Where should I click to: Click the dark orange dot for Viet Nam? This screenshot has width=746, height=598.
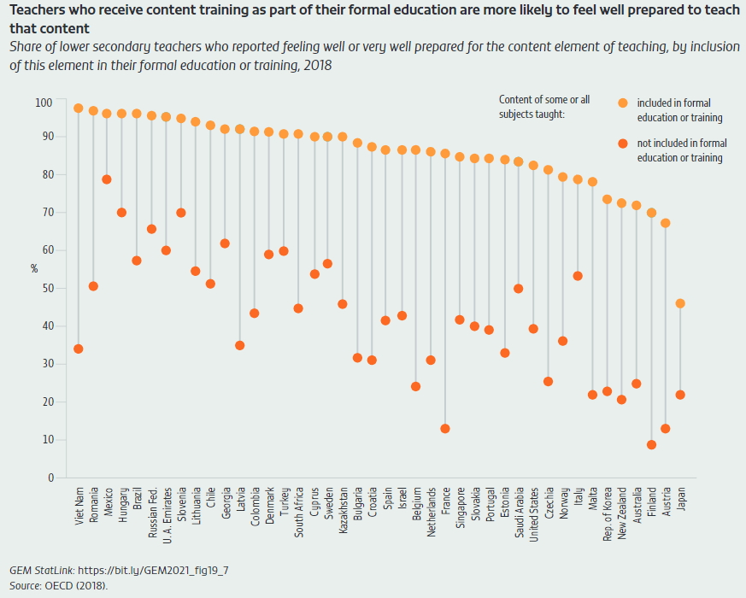pos(79,349)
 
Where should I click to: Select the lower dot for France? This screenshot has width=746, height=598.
pos(445,429)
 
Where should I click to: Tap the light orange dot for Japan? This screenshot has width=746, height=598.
pos(680,303)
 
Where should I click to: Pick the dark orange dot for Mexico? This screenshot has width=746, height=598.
pos(107,179)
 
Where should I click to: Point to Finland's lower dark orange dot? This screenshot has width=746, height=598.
pos(651,445)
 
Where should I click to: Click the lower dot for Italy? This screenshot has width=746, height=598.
pos(578,276)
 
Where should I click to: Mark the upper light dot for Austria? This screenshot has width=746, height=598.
pos(666,223)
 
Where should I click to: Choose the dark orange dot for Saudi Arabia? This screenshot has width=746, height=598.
pos(519,289)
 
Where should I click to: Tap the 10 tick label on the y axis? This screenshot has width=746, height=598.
pos(47,440)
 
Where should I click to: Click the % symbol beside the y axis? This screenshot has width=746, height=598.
pos(35,268)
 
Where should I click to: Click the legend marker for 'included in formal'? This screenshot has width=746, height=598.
pos(623,103)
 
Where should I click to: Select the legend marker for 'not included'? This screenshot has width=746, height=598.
pos(623,144)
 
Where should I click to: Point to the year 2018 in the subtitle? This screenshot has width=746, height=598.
pos(314,65)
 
